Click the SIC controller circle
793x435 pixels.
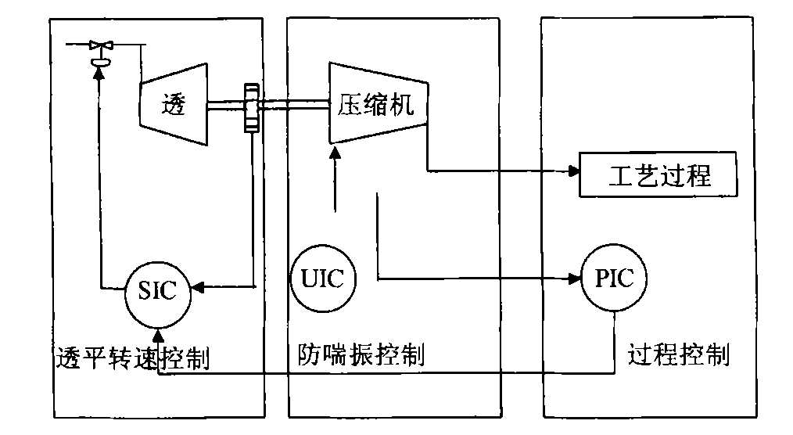click(x=158, y=294)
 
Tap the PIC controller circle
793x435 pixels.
click(x=614, y=279)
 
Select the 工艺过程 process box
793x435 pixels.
click(x=658, y=175)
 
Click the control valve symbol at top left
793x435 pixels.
click(x=99, y=49)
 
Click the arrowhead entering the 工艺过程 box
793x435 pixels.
click(x=572, y=170)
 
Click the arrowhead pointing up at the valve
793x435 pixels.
click(x=99, y=72)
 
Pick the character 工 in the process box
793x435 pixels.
click(x=619, y=176)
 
